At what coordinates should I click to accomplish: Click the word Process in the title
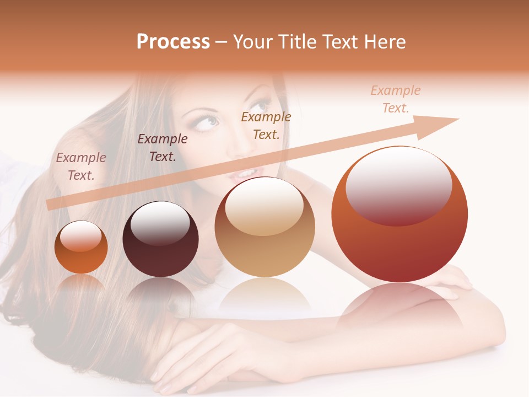pyautogui.click(x=173, y=42)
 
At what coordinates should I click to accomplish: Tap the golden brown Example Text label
pyautogui.click(x=266, y=125)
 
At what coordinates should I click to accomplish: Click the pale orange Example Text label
pyautogui.click(x=396, y=99)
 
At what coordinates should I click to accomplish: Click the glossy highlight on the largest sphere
pyautogui.click(x=398, y=185)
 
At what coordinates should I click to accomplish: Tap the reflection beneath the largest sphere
pyautogui.click(x=400, y=306)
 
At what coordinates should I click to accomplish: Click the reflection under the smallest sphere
pyautogui.click(x=81, y=282)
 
